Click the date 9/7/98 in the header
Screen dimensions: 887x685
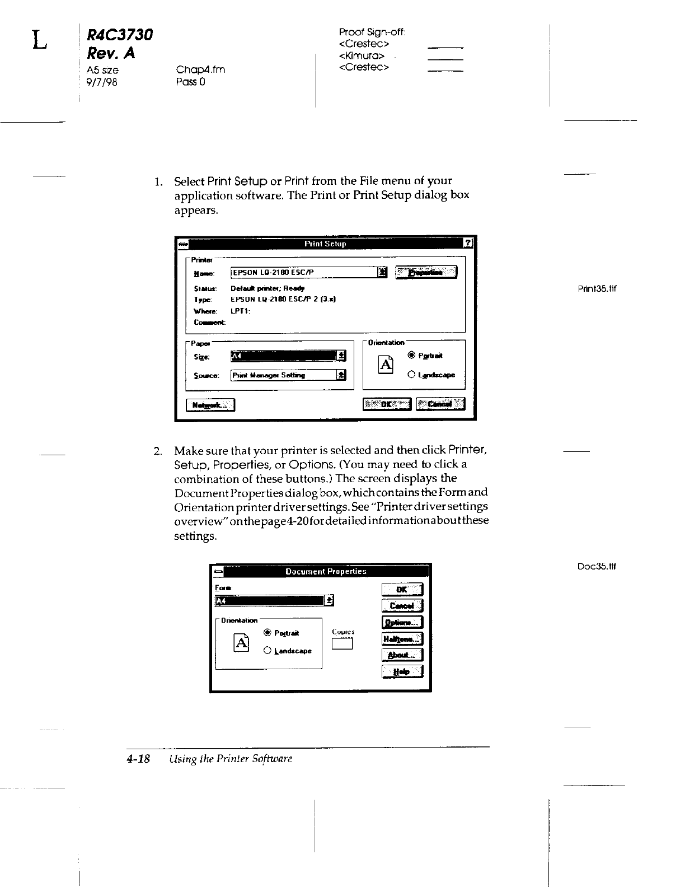[x=102, y=82]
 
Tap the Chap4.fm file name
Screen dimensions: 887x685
[x=200, y=69]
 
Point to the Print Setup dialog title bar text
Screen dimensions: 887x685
[x=325, y=244]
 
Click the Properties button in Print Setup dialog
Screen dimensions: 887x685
[x=426, y=273]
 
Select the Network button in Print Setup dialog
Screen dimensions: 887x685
[x=210, y=405]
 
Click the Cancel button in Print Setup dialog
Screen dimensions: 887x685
[x=440, y=404]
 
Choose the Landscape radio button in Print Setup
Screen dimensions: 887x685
[x=412, y=375]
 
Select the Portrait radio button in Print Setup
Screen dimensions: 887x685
[x=412, y=355]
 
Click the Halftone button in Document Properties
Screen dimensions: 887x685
[x=402, y=639]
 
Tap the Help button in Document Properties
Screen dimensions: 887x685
[x=402, y=671]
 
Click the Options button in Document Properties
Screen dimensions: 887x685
[x=402, y=622]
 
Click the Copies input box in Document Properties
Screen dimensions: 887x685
[x=341, y=645]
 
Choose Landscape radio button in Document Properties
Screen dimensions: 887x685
[x=267, y=651]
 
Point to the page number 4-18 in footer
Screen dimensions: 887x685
[x=139, y=759]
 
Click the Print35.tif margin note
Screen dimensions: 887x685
[x=597, y=289]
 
